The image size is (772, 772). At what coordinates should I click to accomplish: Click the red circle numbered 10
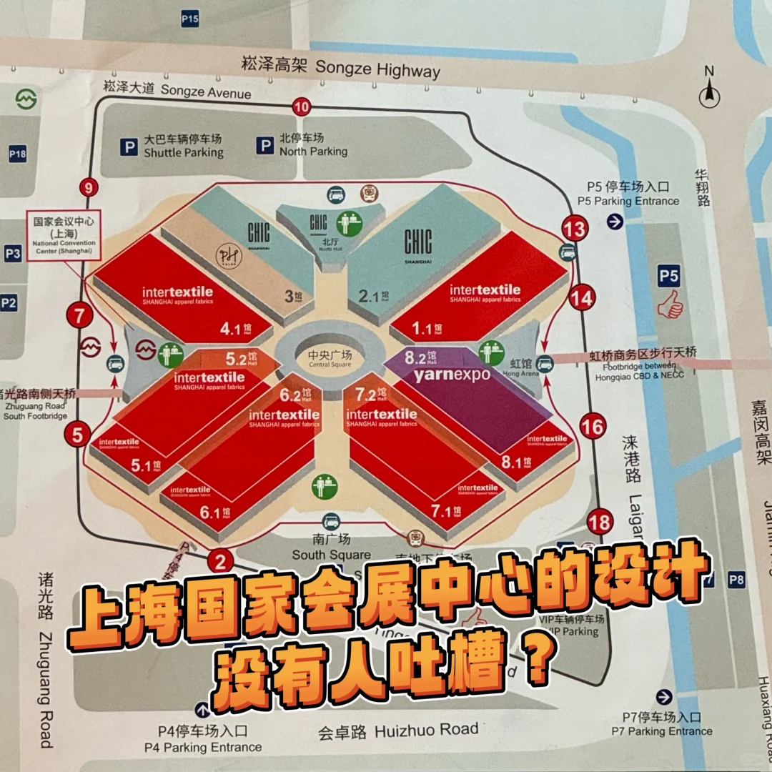(302, 108)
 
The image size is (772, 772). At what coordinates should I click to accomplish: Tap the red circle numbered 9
(89, 189)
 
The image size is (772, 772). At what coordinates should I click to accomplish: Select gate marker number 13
(575, 229)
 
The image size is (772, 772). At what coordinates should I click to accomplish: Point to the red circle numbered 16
(593, 427)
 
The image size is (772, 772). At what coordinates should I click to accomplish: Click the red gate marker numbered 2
(220, 561)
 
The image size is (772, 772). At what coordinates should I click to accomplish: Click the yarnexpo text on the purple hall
(452, 375)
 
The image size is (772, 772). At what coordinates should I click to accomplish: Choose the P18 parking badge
(17, 154)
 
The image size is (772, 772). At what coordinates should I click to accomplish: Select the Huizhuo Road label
(398, 730)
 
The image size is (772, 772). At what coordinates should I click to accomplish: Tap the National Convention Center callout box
(63, 235)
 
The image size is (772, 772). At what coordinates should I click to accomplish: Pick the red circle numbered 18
(599, 523)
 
